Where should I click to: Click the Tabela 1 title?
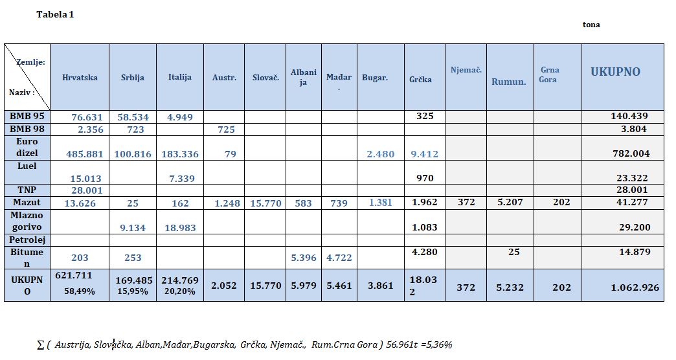tap(55, 14)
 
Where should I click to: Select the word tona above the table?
tap(591, 25)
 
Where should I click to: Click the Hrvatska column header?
tap(80, 78)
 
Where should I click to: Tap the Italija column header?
tap(180, 77)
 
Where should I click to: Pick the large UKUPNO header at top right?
tap(615, 72)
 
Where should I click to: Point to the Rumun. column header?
tap(509, 82)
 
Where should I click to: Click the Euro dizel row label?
tap(27, 147)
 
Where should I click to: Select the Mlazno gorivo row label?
tap(27, 221)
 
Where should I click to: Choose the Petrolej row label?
tap(27, 240)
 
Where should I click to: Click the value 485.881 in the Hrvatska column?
tap(84, 154)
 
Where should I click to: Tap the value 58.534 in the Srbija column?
tap(133, 117)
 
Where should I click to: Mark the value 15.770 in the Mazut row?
tap(265, 203)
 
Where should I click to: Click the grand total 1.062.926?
tap(635, 287)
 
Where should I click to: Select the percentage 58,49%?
tap(80, 291)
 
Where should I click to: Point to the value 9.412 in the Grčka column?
tap(424, 154)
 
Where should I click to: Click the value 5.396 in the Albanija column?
tap(304, 258)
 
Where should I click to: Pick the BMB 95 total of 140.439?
tap(629, 116)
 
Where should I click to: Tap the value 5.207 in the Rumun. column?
tap(510, 202)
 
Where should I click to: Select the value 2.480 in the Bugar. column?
tap(380, 154)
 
